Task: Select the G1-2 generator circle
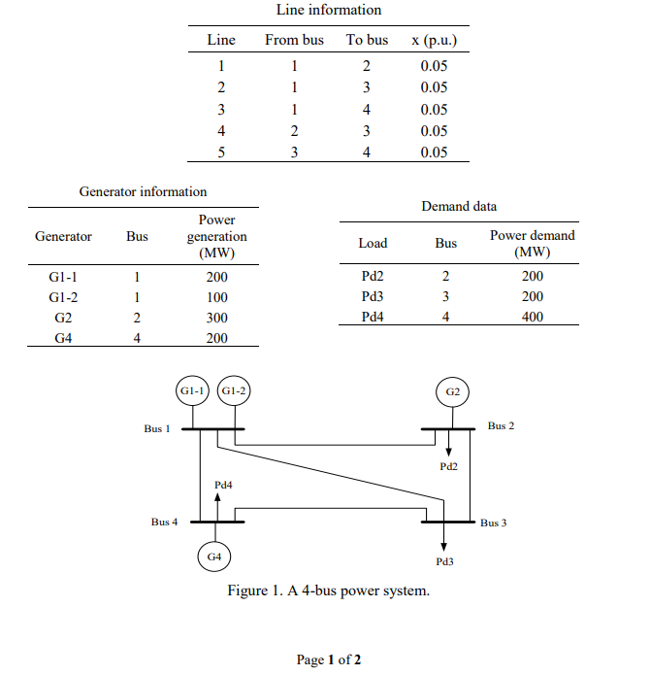coord(233,390)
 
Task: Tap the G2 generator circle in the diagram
coord(453,391)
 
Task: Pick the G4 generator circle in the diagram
coord(214,557)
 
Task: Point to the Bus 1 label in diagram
coord(156,428)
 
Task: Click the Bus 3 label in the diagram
coord(493,523)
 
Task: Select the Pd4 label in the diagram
coord(223,483)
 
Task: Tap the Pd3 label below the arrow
coord(445,561)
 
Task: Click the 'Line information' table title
coord(329,10)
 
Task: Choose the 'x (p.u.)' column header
coord(434,40)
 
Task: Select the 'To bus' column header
coord(367,40)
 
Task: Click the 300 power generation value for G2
coord(217,318)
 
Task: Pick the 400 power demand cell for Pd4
coord(532,317)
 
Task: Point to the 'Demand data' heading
coord(459,206)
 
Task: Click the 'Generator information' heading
coord(143,191)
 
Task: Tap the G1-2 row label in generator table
coord(63,297)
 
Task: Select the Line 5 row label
coord(221,152)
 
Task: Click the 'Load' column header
coord(373,243)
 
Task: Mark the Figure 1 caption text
coord(328,591)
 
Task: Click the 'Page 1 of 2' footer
coord(328,660)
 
